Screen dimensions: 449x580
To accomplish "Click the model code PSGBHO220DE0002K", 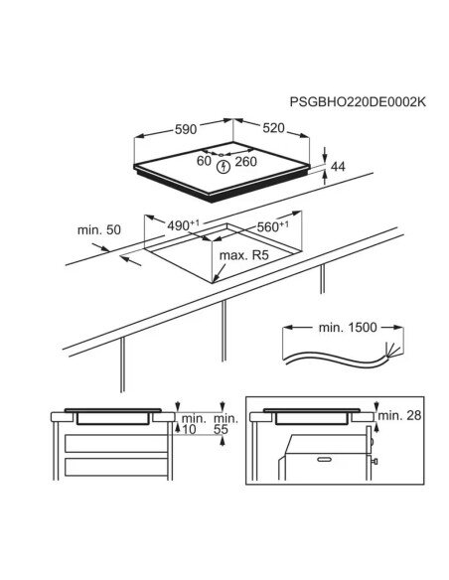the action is point(358,101).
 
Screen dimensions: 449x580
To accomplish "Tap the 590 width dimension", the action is point(186,129).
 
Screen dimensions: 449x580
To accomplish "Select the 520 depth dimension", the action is point(274,128).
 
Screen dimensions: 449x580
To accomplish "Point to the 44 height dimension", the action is point(338,167).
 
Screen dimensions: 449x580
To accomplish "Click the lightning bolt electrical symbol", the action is point(224,167).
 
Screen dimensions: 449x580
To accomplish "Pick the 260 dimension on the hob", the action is point(245,162).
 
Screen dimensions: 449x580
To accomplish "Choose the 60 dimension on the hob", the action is point(204,161).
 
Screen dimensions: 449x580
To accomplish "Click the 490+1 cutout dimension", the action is point(183,224).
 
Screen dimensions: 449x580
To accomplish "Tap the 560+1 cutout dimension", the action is point(273,226).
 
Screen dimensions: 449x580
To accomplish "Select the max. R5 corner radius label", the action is point(243,255).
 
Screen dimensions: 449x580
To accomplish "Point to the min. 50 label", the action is point(99,230).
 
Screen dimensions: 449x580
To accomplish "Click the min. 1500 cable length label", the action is point(348,328).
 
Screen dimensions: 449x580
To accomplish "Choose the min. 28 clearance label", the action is point(399,416).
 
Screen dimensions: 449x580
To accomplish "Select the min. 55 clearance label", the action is point(225,424).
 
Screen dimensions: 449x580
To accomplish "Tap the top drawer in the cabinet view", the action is point(116,444).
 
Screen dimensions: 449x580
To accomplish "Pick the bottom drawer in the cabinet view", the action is point(116,467).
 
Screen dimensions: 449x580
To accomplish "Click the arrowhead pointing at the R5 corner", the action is point(216,279).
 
